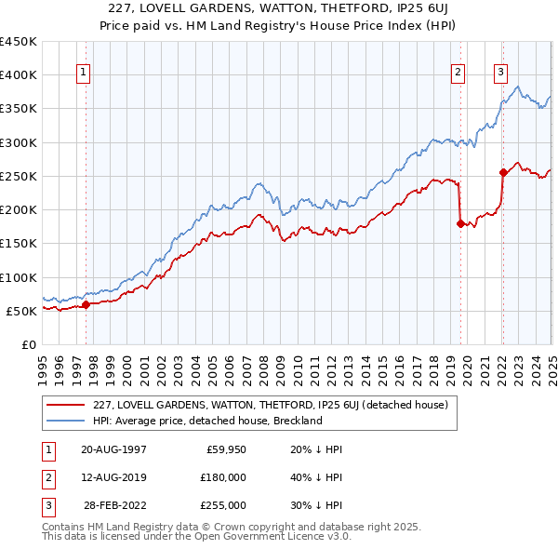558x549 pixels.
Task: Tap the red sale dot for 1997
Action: [x=86, y=304]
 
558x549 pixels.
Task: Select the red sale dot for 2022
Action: [x=503, y=172]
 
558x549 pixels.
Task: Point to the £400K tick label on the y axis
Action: [x=19, y=75]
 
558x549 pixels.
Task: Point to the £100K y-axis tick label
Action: [x=19, y=277]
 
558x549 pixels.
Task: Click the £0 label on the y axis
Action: [x=28, y=344]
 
